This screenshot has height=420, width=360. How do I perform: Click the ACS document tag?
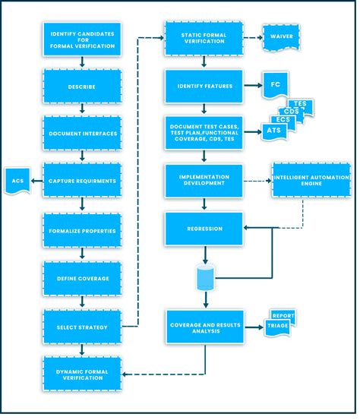click(17, 181)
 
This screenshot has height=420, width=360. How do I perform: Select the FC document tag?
click(274, 85)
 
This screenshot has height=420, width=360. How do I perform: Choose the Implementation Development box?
click(204, 181)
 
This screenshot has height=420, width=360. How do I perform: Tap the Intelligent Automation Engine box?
click(311, 181)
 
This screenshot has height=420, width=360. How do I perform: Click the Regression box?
click(204, 229)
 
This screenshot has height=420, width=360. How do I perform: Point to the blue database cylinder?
click(204, 278)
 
